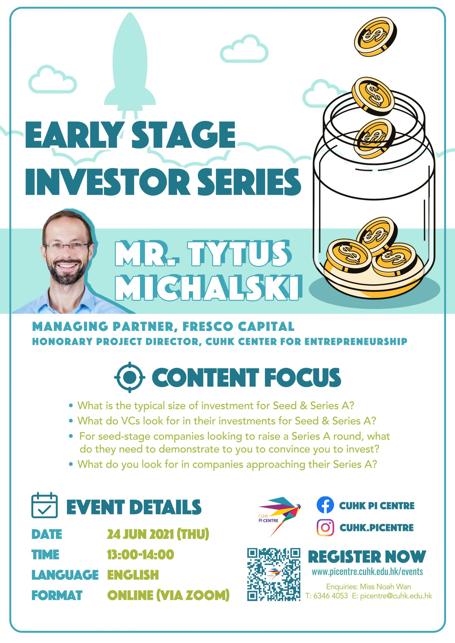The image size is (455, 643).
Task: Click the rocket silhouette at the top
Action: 130,64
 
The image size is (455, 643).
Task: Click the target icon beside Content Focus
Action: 130,377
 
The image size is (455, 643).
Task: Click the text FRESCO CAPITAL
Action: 238,327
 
